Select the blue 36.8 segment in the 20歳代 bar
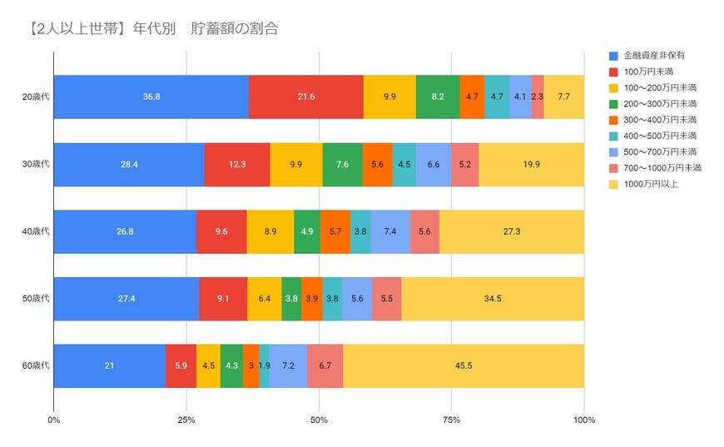[151, 97]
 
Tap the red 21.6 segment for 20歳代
[305, 97]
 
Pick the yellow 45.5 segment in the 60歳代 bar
[464, 365]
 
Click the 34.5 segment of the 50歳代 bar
[493, 298]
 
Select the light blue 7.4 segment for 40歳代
[390, 231]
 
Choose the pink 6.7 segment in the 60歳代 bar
[325, 365]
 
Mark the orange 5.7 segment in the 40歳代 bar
[335, 231]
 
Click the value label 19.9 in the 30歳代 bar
[531, 164]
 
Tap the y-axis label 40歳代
[36, 231]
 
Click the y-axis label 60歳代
[36, 365]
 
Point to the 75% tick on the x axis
[451, 420]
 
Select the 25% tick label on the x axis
[186, 420]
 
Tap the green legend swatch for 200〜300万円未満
[613, 104]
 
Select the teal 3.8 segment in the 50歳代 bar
[332, 298]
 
